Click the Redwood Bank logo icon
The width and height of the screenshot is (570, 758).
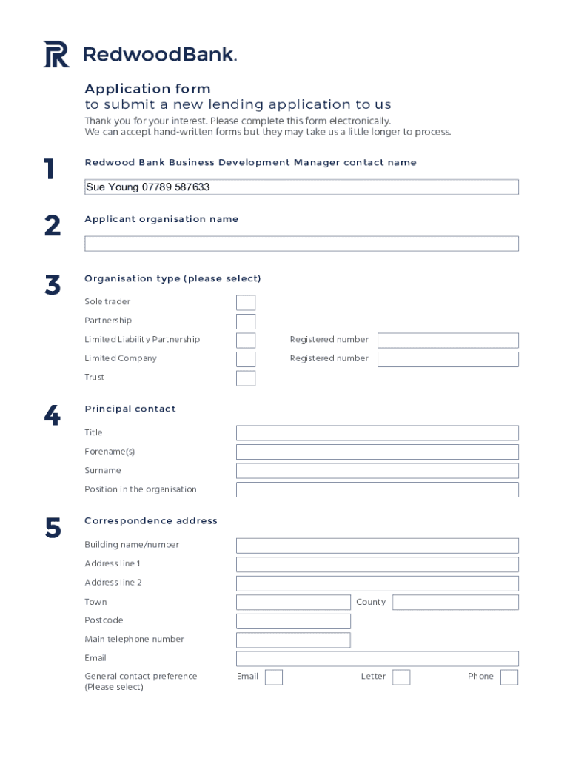click(56, 55)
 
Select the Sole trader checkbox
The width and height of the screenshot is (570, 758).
click(246, 303)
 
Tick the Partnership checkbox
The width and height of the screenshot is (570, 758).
click(246, 321)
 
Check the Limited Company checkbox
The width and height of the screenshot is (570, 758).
click(246, 360)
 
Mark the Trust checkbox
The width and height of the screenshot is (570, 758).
click(246, 378)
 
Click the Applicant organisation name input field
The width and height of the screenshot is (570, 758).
click(301, 244)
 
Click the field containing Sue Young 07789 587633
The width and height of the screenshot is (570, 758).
click(301, 187)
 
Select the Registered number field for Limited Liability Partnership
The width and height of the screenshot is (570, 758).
click(448, 341)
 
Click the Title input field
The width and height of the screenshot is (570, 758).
click(377, 433)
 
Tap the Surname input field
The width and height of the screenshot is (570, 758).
click(377, 471)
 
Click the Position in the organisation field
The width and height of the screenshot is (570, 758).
click(377, 490)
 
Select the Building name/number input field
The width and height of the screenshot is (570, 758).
click(377, 546)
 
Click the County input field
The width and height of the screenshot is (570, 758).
click(455, 603)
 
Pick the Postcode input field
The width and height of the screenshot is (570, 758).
click(293, 621)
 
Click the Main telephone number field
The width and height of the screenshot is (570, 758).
click(293, 640)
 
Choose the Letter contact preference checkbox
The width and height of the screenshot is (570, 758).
click(401, 677)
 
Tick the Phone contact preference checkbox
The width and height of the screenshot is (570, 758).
click(509, 677)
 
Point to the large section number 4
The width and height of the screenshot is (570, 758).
click(52, 417)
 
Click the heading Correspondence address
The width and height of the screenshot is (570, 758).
click(151, 521)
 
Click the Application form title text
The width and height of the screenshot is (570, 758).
click(147, 89)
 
